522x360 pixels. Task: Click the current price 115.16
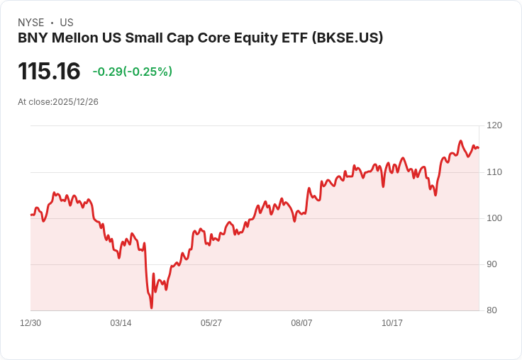(x=49, y=72)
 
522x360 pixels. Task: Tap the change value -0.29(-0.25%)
(x=132, y=72)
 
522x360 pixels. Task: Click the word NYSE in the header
(x=30, y=23)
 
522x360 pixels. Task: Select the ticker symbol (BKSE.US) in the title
(x=348, y=38)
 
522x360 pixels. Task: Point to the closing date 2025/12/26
(x=75, y=102)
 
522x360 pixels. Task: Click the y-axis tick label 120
(x=494, y=125)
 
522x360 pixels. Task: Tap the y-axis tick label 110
(x=494, y=171)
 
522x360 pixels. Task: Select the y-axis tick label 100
(x=494, y=218)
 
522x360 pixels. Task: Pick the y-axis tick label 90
(x=492, y=264)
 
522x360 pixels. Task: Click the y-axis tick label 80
(x=492, y=310)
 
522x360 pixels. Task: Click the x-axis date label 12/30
(x=30, y=323)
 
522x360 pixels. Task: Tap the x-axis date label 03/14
(x=121, y=323)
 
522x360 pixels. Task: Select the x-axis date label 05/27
(x=211, y=323)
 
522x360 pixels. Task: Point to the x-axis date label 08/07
(x=301, y=323)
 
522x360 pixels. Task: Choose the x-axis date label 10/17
(x=392, y=323)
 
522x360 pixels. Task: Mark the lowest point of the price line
(x=152, y=308)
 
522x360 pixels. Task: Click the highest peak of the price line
(x=460, y=141)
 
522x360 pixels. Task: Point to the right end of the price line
(x=479, y=147)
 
